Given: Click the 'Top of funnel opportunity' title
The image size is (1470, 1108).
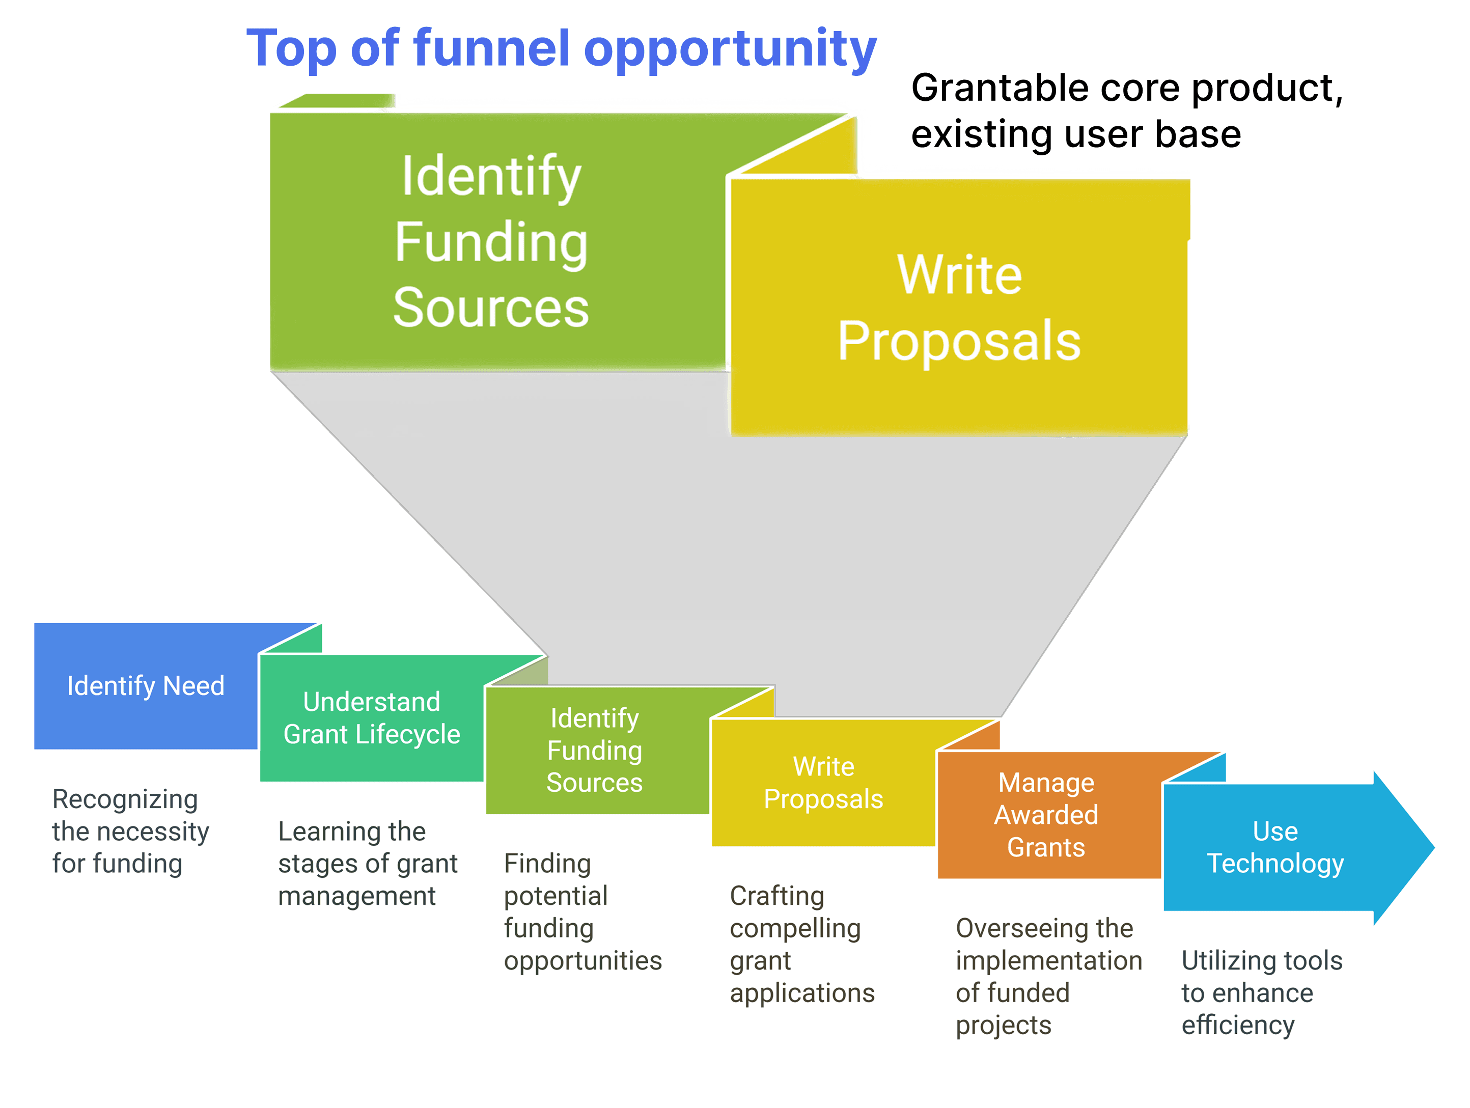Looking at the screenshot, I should tap(562, 48).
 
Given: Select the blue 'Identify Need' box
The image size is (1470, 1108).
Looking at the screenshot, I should tap(146, 686).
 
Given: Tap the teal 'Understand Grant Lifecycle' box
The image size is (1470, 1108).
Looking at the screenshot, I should tap(372, 718).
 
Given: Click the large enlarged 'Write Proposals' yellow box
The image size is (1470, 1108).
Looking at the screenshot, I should tap(959, 307).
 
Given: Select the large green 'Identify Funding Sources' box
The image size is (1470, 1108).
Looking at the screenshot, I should tap(491, 241).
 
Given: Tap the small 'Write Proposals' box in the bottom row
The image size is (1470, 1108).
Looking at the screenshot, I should tap(823, 783).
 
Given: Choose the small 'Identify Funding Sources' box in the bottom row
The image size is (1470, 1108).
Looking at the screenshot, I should tap(594, 751).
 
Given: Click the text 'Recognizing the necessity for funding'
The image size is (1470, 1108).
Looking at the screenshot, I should tap(130, 832).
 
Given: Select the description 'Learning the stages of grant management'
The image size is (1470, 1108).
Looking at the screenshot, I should tap(368, 864).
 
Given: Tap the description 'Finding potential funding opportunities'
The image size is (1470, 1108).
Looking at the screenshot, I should tap(582, 912).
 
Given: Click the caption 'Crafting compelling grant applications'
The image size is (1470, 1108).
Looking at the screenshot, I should tap(801, 944).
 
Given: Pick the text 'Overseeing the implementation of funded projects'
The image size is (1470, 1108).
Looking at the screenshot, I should tap(1048, 977).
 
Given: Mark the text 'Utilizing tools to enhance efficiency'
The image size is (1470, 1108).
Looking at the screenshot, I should tap(1261, 992).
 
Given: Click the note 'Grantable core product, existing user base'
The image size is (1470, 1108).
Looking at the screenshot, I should tap(1126, 111).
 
